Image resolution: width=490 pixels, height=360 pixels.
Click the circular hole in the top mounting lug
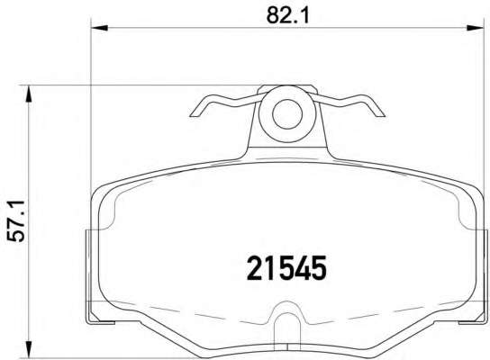pos(286,113)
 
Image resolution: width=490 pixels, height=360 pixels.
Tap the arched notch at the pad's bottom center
pos(286,322)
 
